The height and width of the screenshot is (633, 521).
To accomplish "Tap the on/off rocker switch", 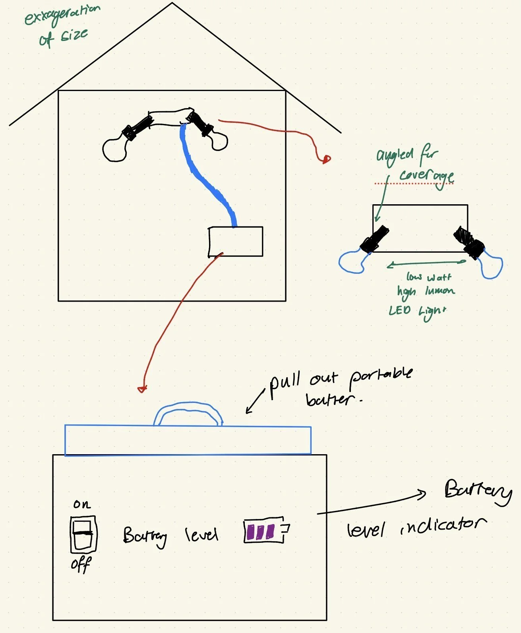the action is tap(83, 534).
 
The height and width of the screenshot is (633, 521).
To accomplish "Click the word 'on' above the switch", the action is tap(82, 505).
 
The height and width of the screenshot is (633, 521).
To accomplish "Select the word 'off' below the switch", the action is tap(81, 564).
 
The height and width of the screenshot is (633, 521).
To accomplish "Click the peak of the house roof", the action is tap(172, 4).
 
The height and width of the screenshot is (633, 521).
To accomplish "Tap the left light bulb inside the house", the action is tap(114, 149).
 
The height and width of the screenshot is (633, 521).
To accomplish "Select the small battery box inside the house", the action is tap(236, 242).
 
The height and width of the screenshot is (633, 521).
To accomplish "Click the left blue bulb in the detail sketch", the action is tap(352, 262).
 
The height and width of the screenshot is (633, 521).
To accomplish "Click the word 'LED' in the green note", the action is tap(399, 311).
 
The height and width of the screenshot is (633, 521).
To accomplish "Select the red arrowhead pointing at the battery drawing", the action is tap(142, 389).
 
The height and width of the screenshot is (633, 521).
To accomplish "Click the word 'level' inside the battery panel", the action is tap(201, 535).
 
